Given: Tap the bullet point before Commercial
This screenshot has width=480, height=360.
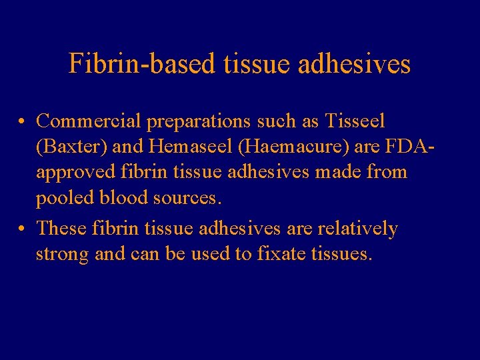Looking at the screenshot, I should [23, 122].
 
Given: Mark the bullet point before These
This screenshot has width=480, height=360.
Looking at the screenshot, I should [23, 229].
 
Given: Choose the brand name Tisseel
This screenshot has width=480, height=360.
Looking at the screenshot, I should [355, 121].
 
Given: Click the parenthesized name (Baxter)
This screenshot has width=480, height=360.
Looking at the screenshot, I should [68, 147].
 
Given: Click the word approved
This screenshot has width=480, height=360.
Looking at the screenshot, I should [77, 172].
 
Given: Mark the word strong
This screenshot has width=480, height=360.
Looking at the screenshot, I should [63, 255].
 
